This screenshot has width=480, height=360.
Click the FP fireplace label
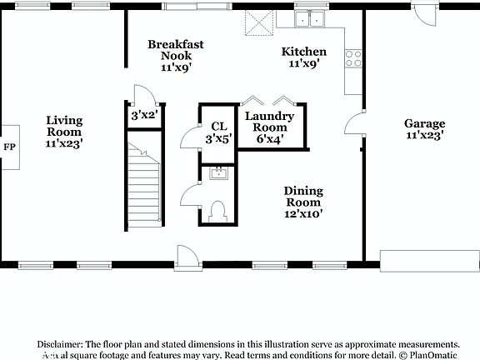(x=9, y=147)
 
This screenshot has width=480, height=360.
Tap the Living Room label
(x=64, y=132)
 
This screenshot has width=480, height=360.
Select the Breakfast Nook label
(x=176, y=56)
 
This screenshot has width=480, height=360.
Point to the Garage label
(x=424, y=128)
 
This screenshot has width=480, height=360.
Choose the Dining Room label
(x=303, y=202)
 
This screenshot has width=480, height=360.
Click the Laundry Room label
(x=268, y=127)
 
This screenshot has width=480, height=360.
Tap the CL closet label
(x=218, y=132)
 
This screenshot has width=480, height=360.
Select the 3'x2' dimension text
(x=144, y=116)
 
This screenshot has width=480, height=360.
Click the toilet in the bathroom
(x=219, y=212)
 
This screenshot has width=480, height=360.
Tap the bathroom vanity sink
(x=219, y=173)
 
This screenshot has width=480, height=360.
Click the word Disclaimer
(x=57, y=343)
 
